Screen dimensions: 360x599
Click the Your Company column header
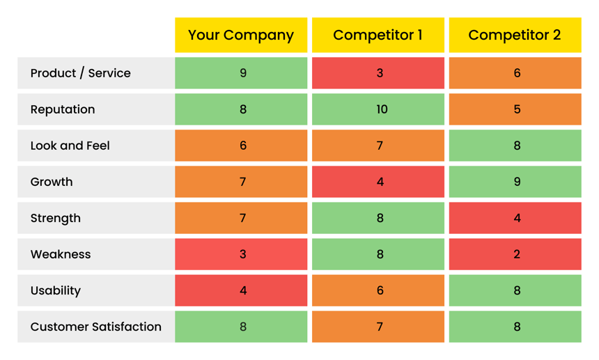[241, 36]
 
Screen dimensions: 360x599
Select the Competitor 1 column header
[378, 36]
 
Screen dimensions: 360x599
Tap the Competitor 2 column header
[515, 36]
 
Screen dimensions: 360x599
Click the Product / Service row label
[81, 73]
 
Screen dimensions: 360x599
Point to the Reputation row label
[63, 109]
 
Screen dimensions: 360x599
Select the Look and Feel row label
[70, 146]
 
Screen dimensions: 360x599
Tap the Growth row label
[52, 182]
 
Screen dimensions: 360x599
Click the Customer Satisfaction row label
[96, 327]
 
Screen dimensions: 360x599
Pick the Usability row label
[56, 290]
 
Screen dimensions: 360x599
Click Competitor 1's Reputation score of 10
[380, 109]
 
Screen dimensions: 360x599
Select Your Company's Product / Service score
[242, 73]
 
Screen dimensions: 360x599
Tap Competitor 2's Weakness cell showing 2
[516, 254]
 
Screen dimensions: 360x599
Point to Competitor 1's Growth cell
[380, 182]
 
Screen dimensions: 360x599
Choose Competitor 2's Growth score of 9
[516, 182]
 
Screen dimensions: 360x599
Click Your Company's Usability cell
[242, 290]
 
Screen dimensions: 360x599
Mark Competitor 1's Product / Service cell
[380, 73]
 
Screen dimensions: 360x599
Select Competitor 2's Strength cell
[516, 218]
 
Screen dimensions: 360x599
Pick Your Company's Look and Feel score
[242, 146]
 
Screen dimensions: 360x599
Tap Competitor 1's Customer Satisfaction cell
[380, 327]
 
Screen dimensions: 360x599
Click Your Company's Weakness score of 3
[242, 254]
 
